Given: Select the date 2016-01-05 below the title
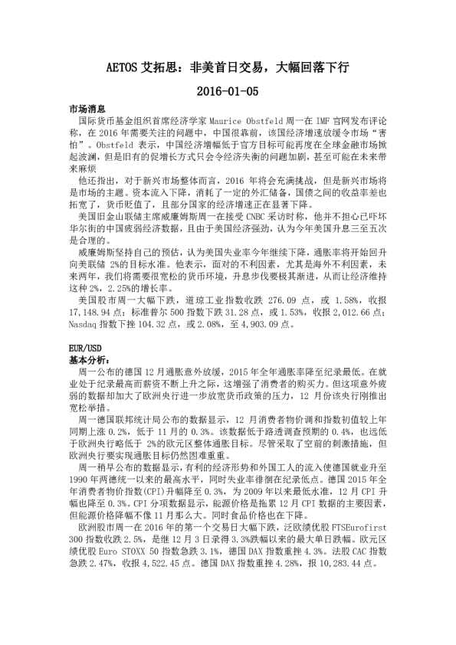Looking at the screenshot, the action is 228,91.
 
